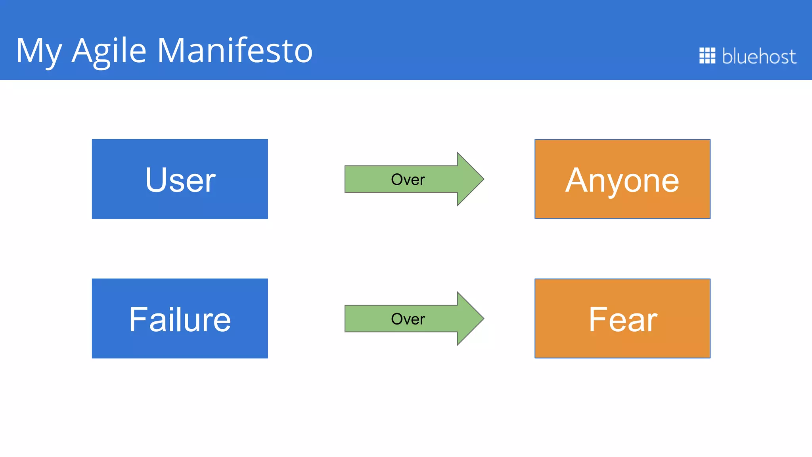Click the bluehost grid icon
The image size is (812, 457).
(707, 56)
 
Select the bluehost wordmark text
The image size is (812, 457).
(759, 56)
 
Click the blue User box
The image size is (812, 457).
(180, 179)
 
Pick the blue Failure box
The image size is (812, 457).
(180, 319)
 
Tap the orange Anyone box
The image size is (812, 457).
(622, 179)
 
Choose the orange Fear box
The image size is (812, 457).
(622, 319)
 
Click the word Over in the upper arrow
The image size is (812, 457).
(408, 180)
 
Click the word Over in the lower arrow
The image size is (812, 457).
(408, 319)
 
